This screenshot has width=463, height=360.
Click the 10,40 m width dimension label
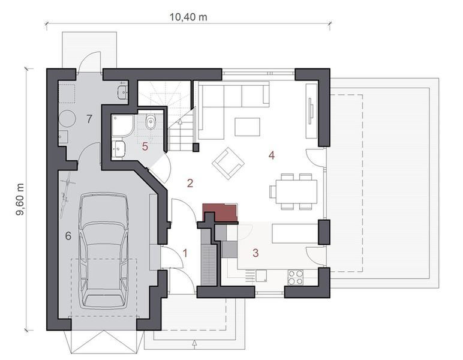click(188, 17)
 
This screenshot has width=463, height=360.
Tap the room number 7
click(89, 119)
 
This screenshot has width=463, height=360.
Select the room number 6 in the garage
click(68, 236)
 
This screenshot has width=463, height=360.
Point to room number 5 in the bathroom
click(145, 146)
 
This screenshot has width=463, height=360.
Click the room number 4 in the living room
click(271, 155)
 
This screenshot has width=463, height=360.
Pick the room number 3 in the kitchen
click(255, 253)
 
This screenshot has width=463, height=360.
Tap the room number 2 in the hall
click(190, 183)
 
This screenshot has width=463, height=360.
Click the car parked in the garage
click(104, 248)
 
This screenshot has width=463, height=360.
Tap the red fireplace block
click(220, 212)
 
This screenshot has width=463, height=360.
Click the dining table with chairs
click(293, 191)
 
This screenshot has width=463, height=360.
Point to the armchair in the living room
click(228, 162)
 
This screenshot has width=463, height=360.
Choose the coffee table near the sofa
click(247, 127)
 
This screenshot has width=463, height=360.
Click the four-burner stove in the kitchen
click(296, 277)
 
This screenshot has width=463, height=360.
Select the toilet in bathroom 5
click(151, 123)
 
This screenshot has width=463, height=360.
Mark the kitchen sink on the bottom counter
click(261, 276)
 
